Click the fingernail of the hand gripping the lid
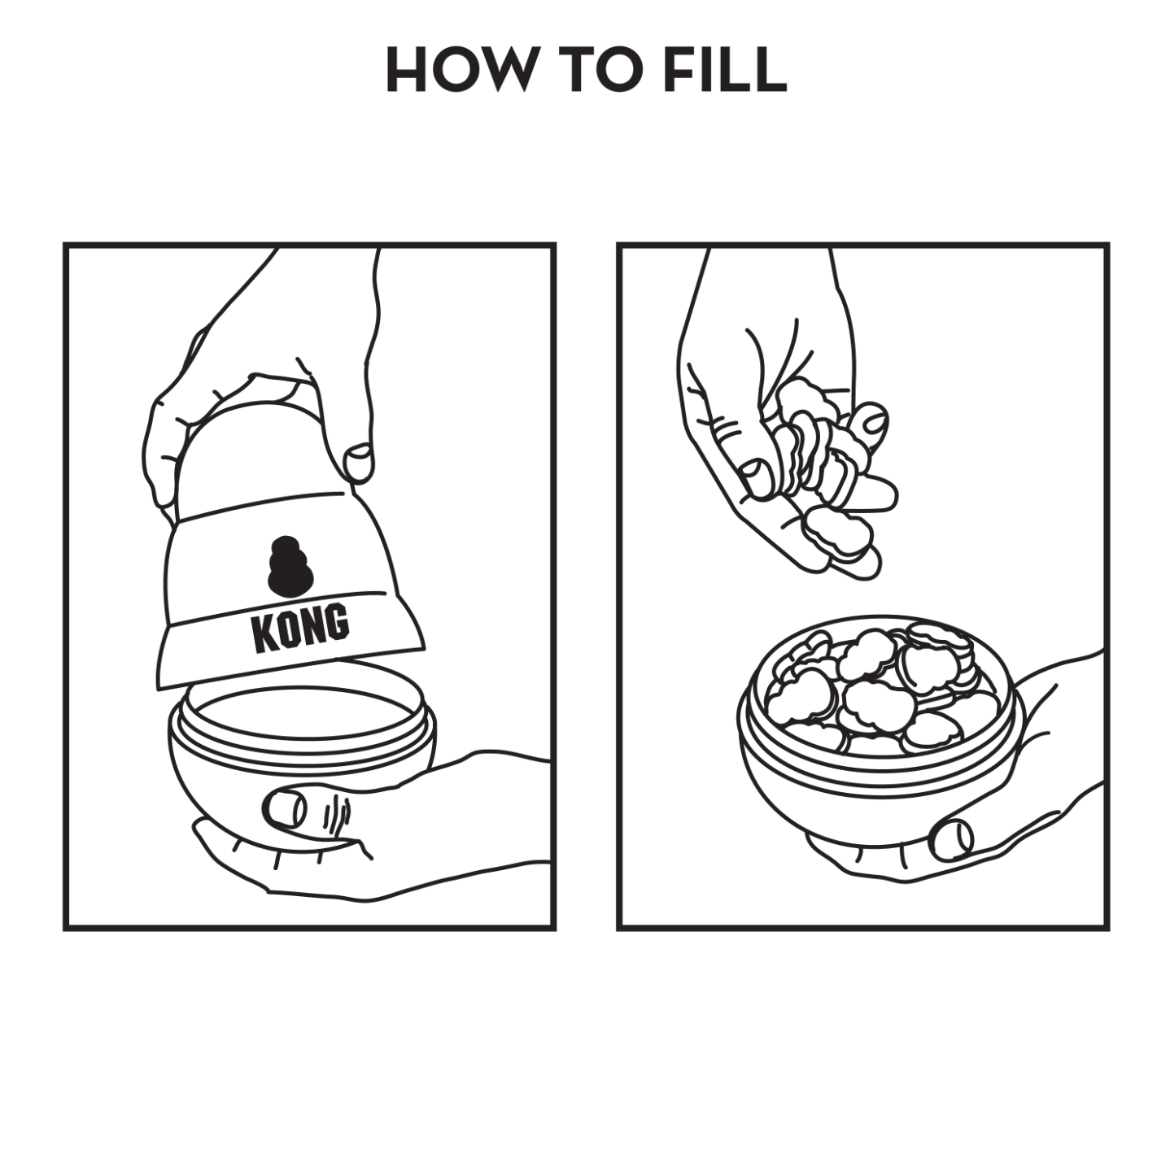pyautogui.click(x=358, y=461)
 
